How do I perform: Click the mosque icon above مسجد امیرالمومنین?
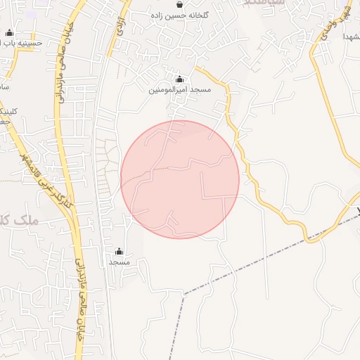coord(179,79)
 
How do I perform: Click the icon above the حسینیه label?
coord(9,32)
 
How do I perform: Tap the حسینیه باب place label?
coord(21,44)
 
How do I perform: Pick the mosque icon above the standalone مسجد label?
coord(118,251)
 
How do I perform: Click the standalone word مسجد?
coord(119,262)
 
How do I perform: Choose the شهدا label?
coord(352,36)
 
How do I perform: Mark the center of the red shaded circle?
coord(180,179)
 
